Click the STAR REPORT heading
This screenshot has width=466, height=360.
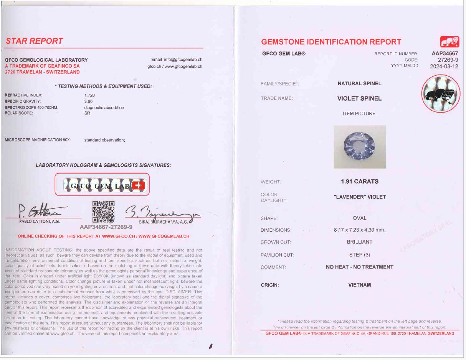34,41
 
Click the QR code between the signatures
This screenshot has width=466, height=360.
104,212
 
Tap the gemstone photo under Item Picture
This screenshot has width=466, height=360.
360,147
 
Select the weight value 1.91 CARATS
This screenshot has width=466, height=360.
359,181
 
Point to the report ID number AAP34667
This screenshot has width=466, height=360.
445,54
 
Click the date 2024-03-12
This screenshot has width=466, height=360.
444,66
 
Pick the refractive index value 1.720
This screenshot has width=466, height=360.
89,95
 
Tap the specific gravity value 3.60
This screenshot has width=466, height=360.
88,101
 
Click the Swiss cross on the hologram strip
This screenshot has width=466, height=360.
139,186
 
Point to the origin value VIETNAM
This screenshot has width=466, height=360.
359,285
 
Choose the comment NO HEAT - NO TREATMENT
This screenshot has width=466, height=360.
359,267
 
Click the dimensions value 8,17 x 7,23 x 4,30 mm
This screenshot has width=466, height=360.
359,230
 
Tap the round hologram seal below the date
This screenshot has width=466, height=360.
441,93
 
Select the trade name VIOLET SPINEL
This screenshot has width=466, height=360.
359,98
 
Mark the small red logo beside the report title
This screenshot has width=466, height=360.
449,41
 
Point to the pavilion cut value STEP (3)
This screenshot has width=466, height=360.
359,255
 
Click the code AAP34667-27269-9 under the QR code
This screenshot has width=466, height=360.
106,227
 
